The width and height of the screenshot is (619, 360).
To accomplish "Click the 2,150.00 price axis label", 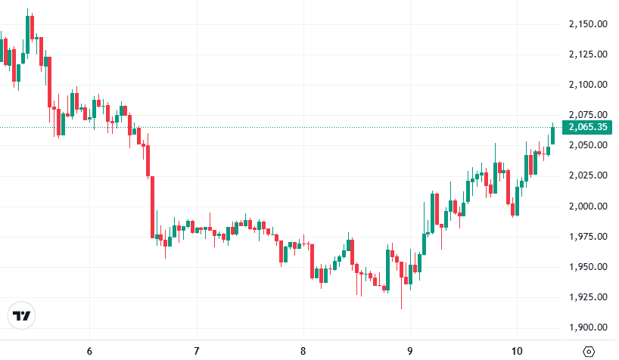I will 588,23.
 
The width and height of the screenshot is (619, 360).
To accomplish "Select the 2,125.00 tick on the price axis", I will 588,54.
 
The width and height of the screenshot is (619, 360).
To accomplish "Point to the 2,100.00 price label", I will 588,85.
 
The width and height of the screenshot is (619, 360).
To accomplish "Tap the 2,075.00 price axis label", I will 588,115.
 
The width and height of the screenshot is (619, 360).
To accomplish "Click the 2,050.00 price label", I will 588,145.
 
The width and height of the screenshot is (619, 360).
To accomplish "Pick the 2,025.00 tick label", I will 588,175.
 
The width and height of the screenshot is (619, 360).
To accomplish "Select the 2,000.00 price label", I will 588,206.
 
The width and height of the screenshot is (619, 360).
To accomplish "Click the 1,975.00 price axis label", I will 588,237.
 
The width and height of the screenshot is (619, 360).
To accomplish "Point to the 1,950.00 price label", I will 588,267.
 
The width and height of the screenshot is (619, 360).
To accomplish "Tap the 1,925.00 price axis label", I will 588,297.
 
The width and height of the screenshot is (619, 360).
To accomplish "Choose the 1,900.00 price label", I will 588,327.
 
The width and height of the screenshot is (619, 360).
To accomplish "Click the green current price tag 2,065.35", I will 589,127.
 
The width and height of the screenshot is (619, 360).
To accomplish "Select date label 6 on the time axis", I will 89,351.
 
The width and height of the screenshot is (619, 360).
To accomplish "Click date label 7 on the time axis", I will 196,351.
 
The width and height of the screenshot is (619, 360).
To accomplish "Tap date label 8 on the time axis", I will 303,351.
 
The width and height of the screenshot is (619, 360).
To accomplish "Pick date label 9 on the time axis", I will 409,351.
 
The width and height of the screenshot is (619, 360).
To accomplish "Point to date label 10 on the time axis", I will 517,351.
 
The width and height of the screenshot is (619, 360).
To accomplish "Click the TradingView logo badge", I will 22,315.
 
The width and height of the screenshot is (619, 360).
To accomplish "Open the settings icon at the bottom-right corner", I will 589,351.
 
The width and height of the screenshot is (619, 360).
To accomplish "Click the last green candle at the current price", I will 553,135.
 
